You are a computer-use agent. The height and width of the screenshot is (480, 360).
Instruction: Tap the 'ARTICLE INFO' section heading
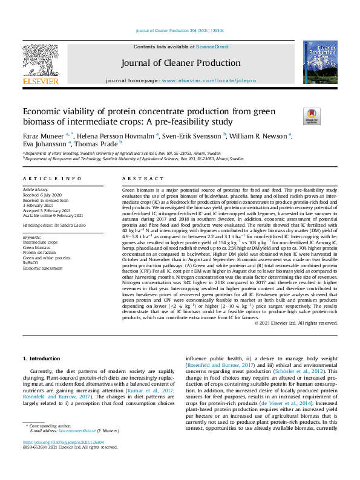[52, 179]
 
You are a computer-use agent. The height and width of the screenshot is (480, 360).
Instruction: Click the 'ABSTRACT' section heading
[143, 179]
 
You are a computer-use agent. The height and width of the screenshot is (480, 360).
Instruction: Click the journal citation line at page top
[180, 30]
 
